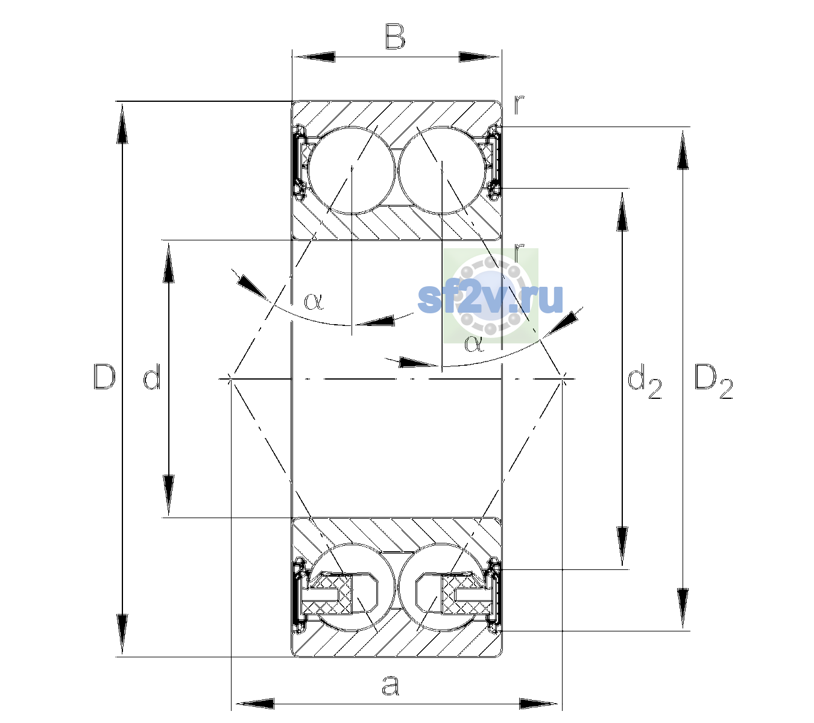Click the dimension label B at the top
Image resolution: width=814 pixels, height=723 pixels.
395,37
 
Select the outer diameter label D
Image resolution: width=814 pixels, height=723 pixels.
104,377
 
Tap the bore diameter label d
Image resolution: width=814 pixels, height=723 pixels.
152,377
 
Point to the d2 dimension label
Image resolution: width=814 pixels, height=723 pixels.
645,381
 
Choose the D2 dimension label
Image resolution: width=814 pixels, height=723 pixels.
713,381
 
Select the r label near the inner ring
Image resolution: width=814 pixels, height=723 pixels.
519,251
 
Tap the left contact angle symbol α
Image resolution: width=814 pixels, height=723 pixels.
314,301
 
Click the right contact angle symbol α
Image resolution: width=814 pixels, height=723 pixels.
474,344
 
